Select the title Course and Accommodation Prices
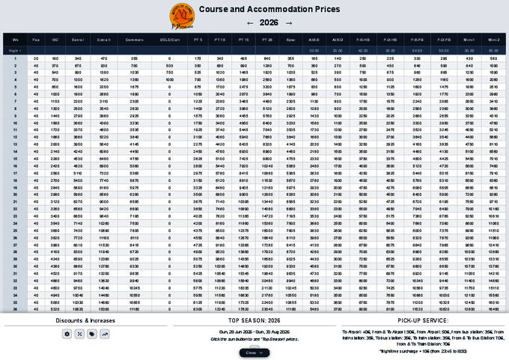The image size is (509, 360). [x=268, y=10]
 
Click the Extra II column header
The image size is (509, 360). [x=104, y=39]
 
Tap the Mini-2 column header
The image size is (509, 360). [x=491, y=39]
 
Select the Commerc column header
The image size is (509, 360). [x=135, y=39]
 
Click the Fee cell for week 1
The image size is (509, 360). [x=36, y=57]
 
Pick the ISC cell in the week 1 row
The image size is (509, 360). [x=55, y=57]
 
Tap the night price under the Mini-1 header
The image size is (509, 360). [x=469, y=49]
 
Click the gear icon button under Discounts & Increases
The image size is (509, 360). [x=67, y=333]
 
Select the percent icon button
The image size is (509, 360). [x=79, y=333]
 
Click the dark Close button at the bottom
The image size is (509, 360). [x=253, y=352]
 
